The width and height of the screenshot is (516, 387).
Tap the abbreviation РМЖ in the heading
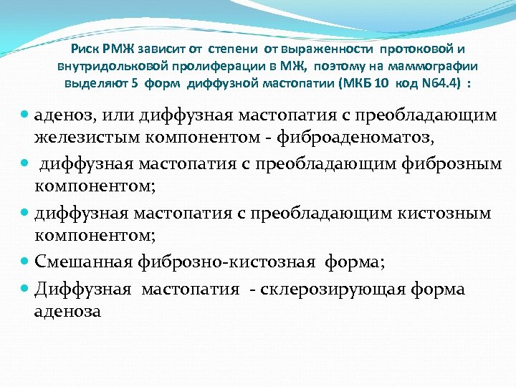(118, 49)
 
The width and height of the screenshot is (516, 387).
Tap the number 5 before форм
(135, 82)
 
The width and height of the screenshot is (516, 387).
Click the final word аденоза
(67, 311)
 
